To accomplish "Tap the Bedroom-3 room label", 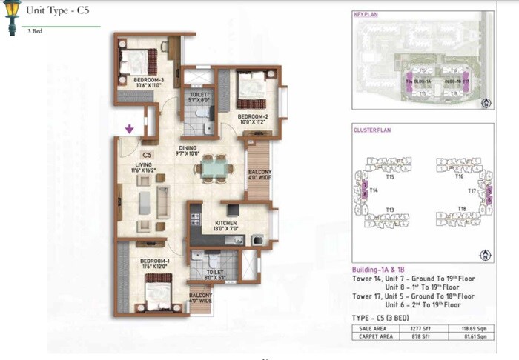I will [148, 81].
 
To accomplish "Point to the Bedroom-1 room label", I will [155, 264].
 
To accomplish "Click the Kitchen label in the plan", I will [226, 225].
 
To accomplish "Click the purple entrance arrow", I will [130, 130].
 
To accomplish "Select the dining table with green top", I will [214, 169].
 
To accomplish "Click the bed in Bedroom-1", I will [159, 294].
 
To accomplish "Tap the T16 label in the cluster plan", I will [459, 177].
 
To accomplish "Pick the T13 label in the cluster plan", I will [389, 211].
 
